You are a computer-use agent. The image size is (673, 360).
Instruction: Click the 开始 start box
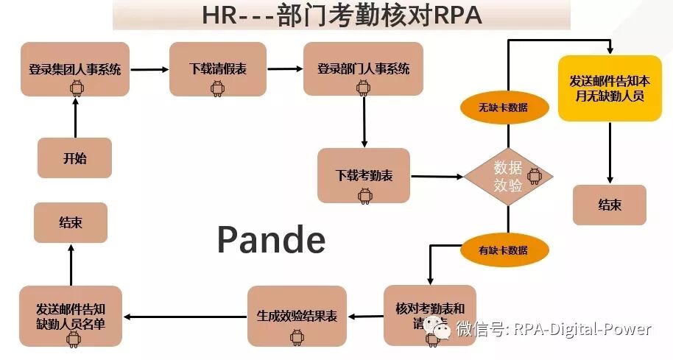click(74, 158)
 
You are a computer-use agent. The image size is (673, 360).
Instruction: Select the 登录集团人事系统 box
click(74, 70)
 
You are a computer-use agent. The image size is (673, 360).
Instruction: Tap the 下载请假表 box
click(217, 69)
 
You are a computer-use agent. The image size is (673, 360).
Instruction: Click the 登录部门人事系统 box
click(363, 69)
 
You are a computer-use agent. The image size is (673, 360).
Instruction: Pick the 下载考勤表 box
click(364, 175)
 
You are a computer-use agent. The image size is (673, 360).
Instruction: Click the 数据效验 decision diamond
click(508, 177)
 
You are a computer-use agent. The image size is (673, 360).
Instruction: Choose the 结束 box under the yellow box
click(610, 205)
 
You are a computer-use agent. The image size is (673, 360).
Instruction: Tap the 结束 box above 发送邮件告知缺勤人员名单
click(71, 222)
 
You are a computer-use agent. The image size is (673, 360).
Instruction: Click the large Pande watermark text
click(271, 240)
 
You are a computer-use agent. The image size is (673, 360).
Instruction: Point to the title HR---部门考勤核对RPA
click(342, 15)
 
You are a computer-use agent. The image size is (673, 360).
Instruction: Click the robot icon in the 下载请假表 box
click(217, 88)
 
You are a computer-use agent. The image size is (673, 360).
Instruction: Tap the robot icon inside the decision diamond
click(534, 177)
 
